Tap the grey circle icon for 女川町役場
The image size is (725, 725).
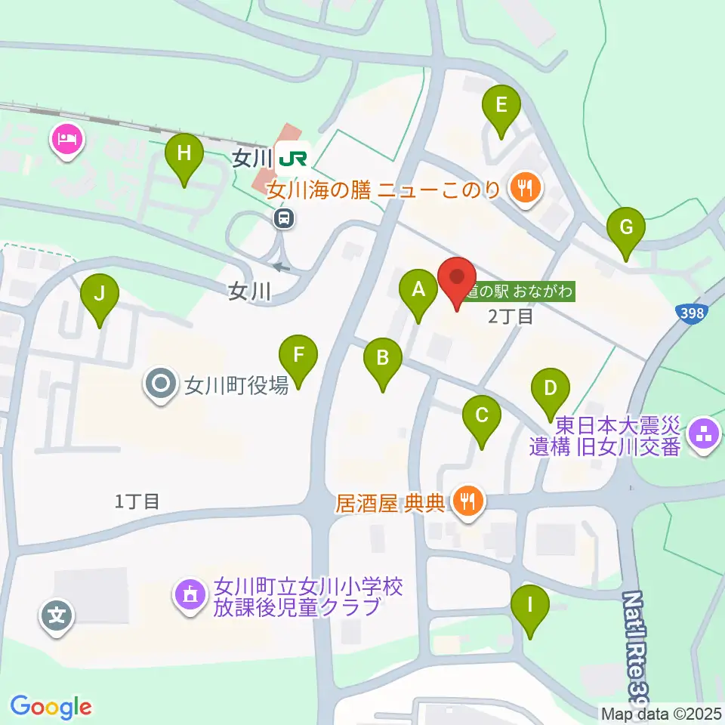162,386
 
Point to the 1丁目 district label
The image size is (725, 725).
137,500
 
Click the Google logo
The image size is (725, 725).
51,708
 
